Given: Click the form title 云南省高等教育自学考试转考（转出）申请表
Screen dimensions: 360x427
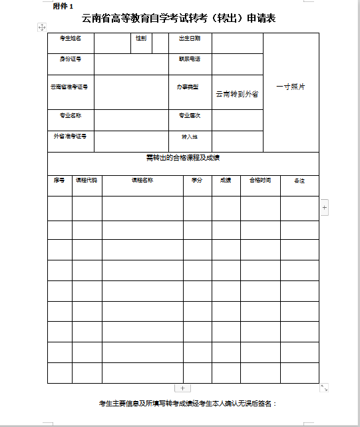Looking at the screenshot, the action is click(x=178, y=18).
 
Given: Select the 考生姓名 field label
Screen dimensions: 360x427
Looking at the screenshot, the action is click(x=71, y=39).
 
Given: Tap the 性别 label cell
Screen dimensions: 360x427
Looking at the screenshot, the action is click(x=141, y=39).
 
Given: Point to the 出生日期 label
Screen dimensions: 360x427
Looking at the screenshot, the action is click(x=190, y=39).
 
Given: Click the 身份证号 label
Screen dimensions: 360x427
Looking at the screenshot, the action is click(x=71, y=59).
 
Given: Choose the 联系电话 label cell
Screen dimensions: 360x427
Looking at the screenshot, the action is click(x=190, y=59).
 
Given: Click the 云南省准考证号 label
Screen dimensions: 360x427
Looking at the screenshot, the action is click(x=69, y=87).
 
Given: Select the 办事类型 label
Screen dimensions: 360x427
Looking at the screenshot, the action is click(x=188, y=87).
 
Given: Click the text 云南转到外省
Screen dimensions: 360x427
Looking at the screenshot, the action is click(x=237, y=94).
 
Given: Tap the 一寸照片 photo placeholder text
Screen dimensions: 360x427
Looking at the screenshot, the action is click(x=291, y=87).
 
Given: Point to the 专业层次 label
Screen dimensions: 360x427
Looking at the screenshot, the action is click(x=190, y=116).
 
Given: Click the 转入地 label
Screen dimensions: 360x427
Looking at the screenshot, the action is click(x=190, y=137).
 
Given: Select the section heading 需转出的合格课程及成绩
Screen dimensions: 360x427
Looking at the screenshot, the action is click(x=183, y=158).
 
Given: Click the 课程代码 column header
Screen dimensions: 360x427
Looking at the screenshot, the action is click(x=87, y=181).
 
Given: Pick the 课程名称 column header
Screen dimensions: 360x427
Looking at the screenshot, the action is click(x=142, y=181).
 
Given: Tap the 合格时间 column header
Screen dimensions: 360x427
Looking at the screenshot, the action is click(x=260, y=181).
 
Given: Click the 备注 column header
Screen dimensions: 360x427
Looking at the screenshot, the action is click(x=299, y=181).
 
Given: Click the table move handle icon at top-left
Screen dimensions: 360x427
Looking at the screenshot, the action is click(x=42, y=27).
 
